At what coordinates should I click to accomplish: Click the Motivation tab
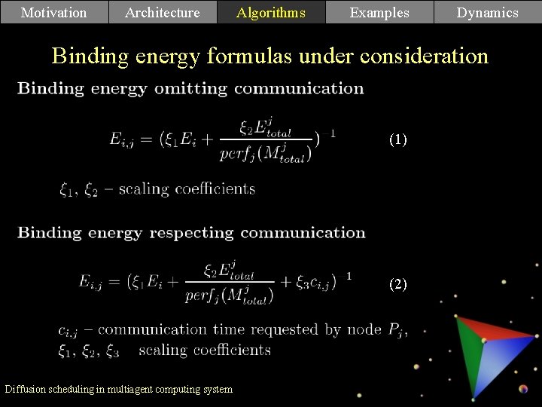pos(53,12)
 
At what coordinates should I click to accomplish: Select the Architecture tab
pos(163,12)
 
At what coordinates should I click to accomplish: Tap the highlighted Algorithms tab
pos(271,12)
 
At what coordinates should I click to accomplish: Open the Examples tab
pos(379,12)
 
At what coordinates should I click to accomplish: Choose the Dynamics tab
pos(488,12)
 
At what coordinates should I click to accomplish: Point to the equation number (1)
pos(398,139)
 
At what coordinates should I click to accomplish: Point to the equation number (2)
pos(398,284)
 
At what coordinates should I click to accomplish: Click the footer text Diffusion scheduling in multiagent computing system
pos(119,389)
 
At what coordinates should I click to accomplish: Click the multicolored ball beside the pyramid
pos(524,389)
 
